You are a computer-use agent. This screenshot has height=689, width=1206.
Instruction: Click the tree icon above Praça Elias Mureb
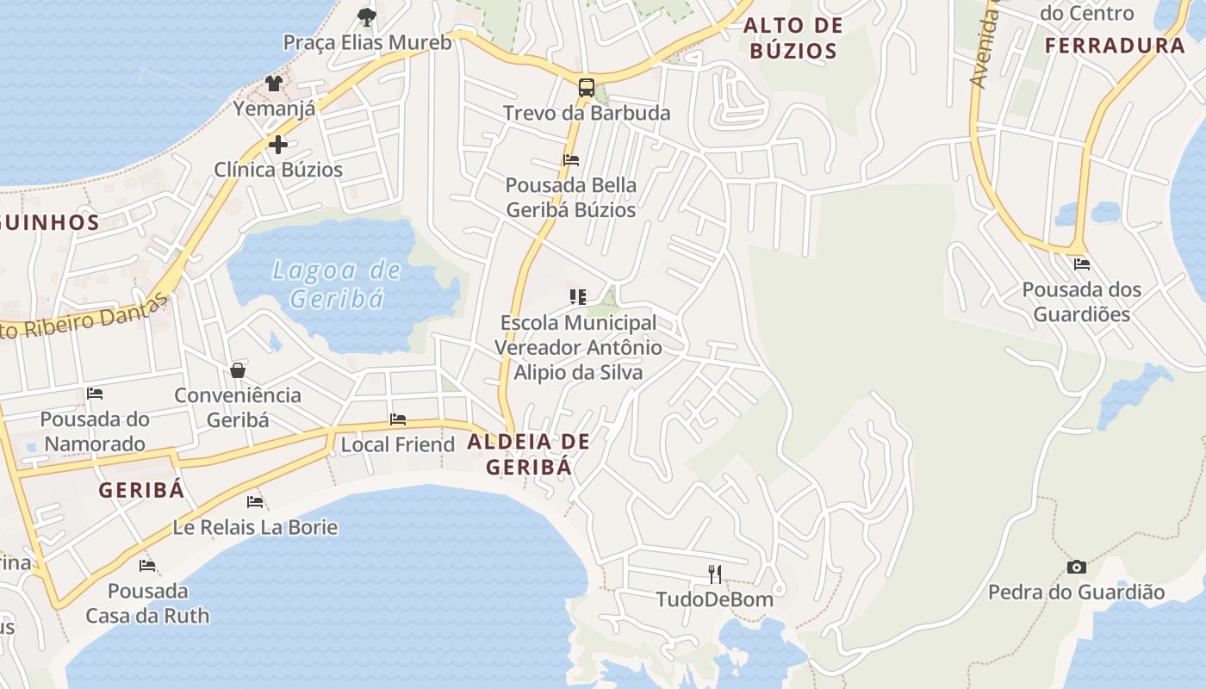(367, 16)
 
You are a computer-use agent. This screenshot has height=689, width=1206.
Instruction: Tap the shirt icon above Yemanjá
(273, 84)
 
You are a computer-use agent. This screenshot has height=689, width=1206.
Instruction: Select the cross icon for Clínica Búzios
(277, 145)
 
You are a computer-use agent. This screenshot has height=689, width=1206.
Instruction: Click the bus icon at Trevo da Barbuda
(586, 87)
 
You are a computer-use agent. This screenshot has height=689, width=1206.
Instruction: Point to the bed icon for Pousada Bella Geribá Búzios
(570, 160)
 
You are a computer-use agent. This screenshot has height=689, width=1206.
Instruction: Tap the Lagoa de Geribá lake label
(336, 284)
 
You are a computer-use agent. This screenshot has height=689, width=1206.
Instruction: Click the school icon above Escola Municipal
(577, 297)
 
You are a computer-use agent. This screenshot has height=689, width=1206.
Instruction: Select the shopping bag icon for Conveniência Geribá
(238, 370)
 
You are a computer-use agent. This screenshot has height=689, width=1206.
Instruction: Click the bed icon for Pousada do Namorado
(95, 394)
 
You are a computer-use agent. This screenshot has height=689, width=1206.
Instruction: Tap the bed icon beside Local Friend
(398, 419)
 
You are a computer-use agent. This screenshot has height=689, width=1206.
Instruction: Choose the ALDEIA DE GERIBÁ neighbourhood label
(529, 454)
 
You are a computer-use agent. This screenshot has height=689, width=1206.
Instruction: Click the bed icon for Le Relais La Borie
(255, 501)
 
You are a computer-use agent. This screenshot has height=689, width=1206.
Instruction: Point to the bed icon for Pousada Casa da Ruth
(147, 566)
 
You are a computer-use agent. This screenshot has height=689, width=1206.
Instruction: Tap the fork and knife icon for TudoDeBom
(714, 574)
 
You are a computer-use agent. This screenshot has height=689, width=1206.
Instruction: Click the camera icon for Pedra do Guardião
(1076, 567)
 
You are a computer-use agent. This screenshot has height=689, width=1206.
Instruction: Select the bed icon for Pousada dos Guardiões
(1081, 264)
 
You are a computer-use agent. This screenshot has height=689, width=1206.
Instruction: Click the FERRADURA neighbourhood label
(1115, 46)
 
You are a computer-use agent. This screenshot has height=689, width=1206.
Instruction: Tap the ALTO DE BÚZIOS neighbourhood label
(793, 38)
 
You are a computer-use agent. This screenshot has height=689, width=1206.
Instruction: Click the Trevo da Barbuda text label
(587, 114)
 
